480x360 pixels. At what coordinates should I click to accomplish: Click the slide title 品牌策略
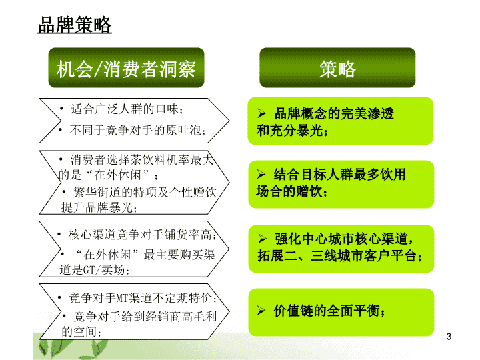(75, 25)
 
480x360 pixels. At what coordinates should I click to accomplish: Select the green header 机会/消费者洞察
(126, 67)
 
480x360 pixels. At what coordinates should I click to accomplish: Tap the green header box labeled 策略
(337, 67)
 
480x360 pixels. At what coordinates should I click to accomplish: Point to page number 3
(449, 337)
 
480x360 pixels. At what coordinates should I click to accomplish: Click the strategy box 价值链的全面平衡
(341, 312)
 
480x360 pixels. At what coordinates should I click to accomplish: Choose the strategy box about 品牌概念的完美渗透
(341, 121)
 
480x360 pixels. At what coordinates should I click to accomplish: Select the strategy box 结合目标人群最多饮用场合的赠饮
(341, 184)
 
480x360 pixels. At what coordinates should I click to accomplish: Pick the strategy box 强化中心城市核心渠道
(341, 249)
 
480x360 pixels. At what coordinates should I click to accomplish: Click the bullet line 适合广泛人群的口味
(127, 109)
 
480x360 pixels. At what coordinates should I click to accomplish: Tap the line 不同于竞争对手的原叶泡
(137, 130)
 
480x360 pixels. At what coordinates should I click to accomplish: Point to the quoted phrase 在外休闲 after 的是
(117, 175)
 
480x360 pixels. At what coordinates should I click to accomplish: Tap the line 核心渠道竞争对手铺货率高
(143, 235)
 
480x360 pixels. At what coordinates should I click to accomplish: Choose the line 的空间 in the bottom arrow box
(81, 331)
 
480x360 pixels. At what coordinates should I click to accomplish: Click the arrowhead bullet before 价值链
(261, 311)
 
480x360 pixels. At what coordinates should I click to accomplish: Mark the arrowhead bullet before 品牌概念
(261, 113)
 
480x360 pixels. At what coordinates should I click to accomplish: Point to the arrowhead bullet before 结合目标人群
(261, 174)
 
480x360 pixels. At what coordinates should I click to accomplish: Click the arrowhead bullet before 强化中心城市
(262, 239)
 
